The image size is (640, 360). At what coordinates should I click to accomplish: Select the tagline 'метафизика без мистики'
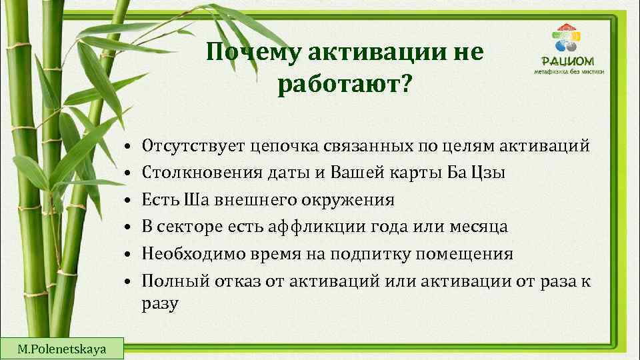click(569, 71)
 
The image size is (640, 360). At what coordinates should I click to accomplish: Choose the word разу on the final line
click(160, 305)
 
